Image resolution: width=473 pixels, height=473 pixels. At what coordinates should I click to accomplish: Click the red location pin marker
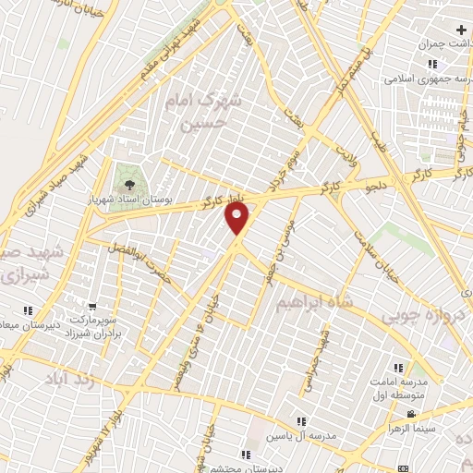coord(237,219)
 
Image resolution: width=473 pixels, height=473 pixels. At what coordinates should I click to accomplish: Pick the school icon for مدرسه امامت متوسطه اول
coord(399,368)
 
